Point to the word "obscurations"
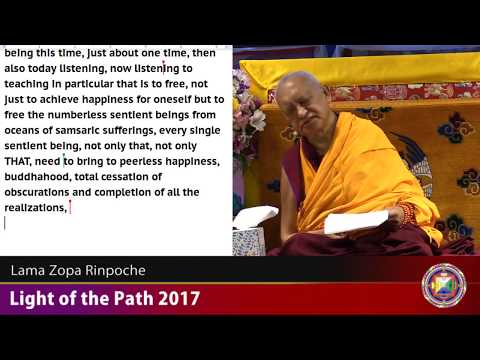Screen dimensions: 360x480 point(43,192)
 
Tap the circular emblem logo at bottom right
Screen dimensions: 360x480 point(443,285)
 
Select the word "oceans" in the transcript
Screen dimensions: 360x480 point(28,129)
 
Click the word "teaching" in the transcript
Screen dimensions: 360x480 point(34,82)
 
